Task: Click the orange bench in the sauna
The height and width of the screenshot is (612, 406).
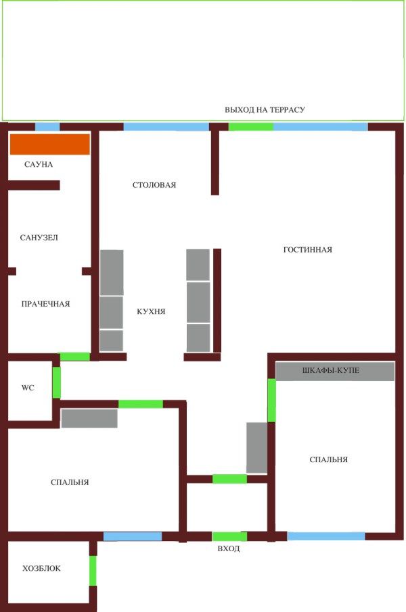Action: click(x=49, y=145)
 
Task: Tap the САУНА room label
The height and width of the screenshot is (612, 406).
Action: click(x=39, y=164)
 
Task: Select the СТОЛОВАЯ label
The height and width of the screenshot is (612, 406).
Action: click(x=154, y=184)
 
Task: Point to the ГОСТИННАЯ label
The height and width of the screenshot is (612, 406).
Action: click(x=307, y=250)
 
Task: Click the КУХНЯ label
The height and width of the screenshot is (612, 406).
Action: click(x=151, y=311)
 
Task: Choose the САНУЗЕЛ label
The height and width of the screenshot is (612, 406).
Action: click(x=39, y=238)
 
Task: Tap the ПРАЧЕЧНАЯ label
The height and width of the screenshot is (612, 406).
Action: click(x=45, y=304)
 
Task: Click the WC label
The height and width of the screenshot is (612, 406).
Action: click(x=28, y=388)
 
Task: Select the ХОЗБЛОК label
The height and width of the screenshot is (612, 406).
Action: click(x=41, y=569)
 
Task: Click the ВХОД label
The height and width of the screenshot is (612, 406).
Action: click(x=229, y=549)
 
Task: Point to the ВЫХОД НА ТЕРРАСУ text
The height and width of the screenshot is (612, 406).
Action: click(x=265, y=109)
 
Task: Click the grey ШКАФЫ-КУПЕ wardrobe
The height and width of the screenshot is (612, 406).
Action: click(x=335, y=372)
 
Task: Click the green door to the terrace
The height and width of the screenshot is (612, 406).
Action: click(x=250, y=126)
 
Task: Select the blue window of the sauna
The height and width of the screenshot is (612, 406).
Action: click(x=47, y=126)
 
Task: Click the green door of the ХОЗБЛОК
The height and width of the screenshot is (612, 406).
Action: click(x=93, y=570)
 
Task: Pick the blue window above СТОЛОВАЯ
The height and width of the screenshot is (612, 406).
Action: click(x=166, y=126)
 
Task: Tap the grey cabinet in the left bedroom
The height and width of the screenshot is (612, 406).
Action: click(x=89, y=418)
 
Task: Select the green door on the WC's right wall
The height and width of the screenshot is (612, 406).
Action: click(x=57, y=382)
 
